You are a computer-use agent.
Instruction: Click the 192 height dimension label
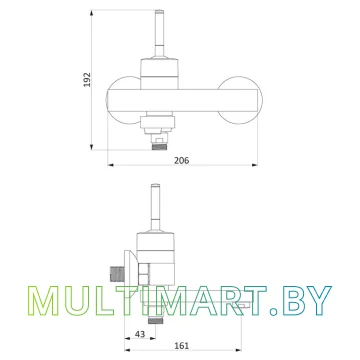(x=87, y=79)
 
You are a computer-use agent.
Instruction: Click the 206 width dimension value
(x=182, y=160)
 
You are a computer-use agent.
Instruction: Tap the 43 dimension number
(x=140, y=334)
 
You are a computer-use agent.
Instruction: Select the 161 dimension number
(x=182, y=346)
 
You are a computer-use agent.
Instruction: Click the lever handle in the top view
(x=159, y=34)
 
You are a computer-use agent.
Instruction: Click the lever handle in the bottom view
(x=155, y=207)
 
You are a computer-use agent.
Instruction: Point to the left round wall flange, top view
(x=123, y=100)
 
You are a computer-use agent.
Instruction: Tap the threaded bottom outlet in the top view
(x=159, y=146)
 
